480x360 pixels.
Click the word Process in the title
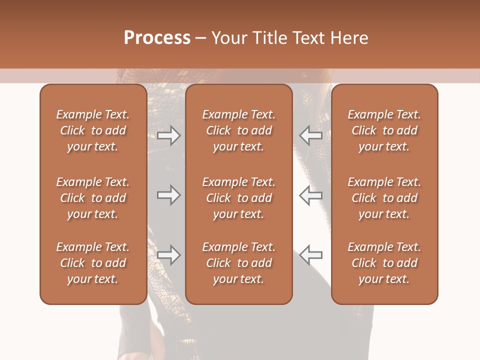coord(157,38)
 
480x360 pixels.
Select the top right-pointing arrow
coord(169,135)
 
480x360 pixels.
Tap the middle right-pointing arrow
coord(169,195)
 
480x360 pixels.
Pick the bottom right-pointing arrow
coord(169,255)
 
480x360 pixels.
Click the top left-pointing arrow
coord(310,135)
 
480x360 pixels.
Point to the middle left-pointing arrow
coord(310,195)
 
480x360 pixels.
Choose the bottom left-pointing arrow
coord(310,255)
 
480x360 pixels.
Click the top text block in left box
coord(93,130)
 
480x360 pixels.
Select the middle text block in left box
coord(93,198)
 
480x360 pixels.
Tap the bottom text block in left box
coord(93,263)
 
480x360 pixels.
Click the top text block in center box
coord(238,130)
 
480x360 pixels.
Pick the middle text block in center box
coord(238,198)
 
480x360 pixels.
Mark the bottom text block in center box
coord(238,263)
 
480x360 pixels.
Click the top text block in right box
coord(384,130)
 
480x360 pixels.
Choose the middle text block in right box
coord(384,198)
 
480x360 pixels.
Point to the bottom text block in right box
coord(384,263)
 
